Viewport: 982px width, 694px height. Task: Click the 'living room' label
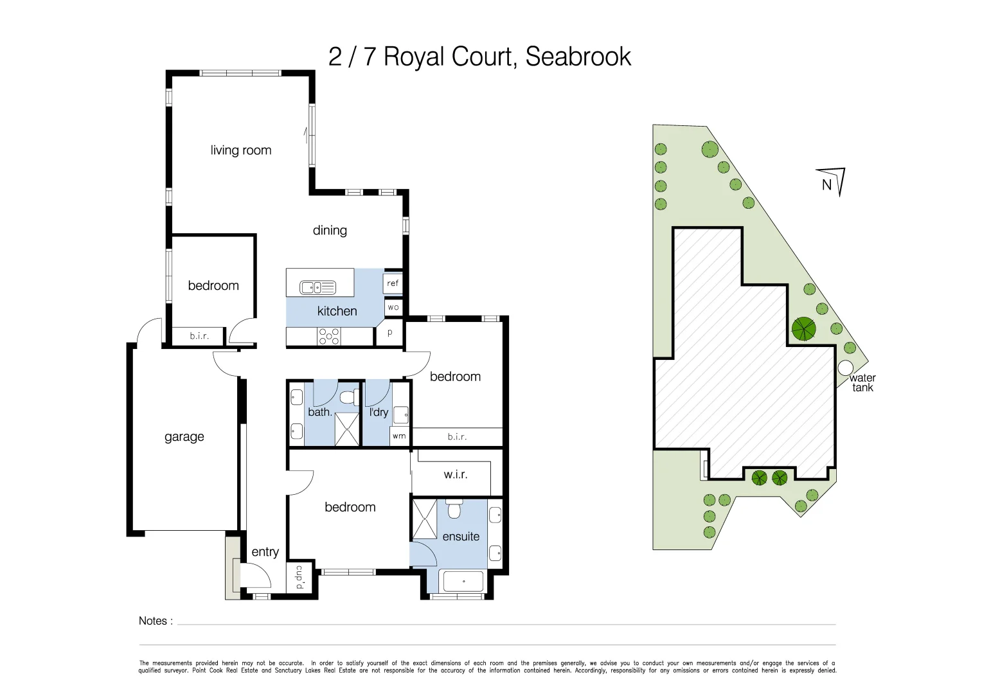(x=241, y=150)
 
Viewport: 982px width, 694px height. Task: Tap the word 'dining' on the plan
(x=330, y=230)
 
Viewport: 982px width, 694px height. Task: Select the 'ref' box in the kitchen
(x=393, y=283)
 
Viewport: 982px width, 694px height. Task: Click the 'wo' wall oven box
(x=393, y=307)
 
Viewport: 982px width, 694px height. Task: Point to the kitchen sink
(x=317, y=287)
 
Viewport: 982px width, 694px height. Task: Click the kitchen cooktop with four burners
(x=329, y=336)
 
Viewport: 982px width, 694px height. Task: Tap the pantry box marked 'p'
(x=389, y=333)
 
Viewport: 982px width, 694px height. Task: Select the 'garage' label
(x=184, y=437)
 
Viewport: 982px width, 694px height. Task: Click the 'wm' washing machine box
(x=399, y=436)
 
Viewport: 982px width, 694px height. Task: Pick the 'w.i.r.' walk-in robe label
(x=456, y=475)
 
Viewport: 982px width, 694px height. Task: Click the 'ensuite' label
(x=461, y=537)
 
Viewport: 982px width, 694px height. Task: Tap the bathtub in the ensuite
(x=463, y=582)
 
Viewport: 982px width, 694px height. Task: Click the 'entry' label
(x=265, y=552)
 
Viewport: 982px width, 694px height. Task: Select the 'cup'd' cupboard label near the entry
(x=299, y=577)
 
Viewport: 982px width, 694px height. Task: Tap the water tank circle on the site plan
(x=846, y=368)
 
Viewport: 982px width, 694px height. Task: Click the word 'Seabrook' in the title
(x=578, y=57)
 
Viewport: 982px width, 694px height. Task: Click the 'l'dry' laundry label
(x=379, y=412)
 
